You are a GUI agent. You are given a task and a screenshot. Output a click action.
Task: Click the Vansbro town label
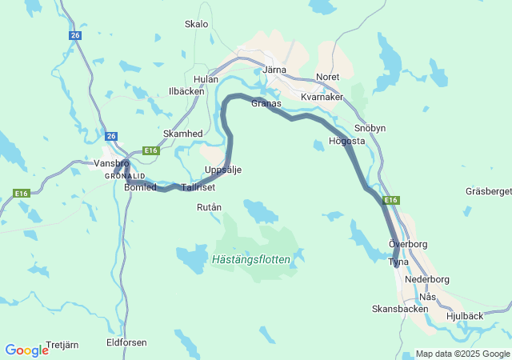[x=110, y=162]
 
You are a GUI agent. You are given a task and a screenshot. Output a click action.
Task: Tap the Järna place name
[x=274, y=70]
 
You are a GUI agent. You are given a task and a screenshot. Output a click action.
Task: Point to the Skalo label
[x=196, y=24]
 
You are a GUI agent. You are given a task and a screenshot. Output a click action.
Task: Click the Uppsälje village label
[x=223, y=170]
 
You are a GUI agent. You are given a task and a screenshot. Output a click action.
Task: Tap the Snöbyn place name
[x=370, y=128]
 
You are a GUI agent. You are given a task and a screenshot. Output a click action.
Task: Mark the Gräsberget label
[x=488, y=191]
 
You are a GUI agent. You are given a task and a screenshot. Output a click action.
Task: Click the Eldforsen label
[x=126, y=342]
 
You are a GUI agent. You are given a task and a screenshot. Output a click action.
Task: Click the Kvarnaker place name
[x=322, y=97]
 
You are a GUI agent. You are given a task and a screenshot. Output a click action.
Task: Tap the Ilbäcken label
[x=186, y=91]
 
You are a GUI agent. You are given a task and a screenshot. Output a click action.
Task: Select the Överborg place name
[x=408, y=243]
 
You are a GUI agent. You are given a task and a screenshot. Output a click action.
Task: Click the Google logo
[x=26, y=350]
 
